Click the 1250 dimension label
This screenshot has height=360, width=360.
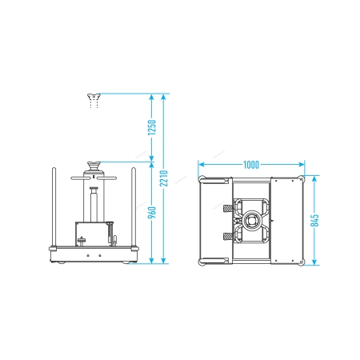coord(152,127)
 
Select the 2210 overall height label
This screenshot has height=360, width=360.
coord(164,178)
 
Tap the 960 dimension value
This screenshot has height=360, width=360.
coord(152,212)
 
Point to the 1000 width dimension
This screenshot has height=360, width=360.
coord(251,165)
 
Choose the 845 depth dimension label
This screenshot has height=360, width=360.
coord(315,221)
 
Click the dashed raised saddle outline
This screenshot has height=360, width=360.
coord(94,101)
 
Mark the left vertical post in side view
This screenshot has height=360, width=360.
coord(54,207)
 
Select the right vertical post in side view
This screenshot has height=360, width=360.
coord(134,207)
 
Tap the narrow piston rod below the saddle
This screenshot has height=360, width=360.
coord(94,205)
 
